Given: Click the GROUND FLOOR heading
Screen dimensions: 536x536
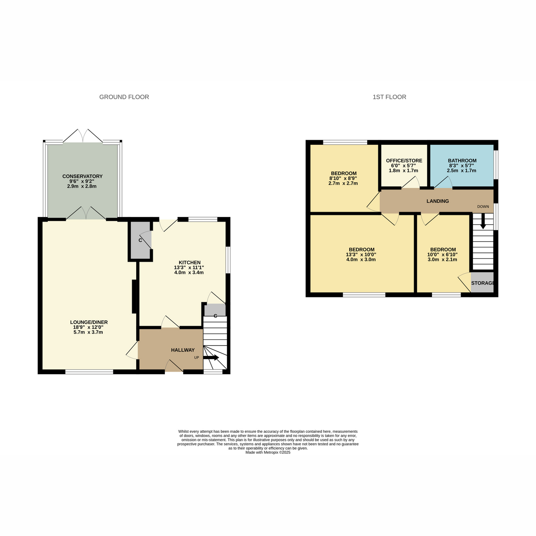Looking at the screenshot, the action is click(124, 97).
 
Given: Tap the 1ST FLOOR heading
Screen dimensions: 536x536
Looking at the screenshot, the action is click(389, 97).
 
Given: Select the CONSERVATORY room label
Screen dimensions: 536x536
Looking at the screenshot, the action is click(82, 176).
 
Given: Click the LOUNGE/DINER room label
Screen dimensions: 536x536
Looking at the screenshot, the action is click(89, 322).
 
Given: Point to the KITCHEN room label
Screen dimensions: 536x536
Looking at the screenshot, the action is click(189, 263).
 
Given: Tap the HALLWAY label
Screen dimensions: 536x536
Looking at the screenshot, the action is click(183, 350).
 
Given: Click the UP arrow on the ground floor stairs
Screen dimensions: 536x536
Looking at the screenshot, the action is click(211, 358).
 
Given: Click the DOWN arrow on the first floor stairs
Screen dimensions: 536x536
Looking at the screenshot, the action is click(483, 221).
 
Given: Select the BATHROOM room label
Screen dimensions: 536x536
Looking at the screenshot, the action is click(462, 160).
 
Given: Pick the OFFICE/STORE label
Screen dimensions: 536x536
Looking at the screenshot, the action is click(404, 160).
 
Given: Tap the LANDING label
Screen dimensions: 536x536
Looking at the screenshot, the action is click(438, 201).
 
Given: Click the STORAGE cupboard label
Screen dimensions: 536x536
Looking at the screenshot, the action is click(482, 283).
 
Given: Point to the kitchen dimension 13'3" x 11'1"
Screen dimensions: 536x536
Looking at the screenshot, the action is click(189, 268).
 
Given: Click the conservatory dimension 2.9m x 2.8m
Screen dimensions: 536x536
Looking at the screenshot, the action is click(82, 186).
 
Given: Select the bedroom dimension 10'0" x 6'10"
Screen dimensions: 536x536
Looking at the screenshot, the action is click(442, 255).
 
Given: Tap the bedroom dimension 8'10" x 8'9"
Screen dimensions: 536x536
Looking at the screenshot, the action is click(343, 178).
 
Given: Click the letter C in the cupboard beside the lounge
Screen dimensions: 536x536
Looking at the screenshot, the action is click(140, 240).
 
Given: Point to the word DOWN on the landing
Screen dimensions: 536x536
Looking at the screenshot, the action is click(483, 207).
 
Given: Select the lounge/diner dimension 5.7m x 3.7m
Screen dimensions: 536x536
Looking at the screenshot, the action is click(88, 332).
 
